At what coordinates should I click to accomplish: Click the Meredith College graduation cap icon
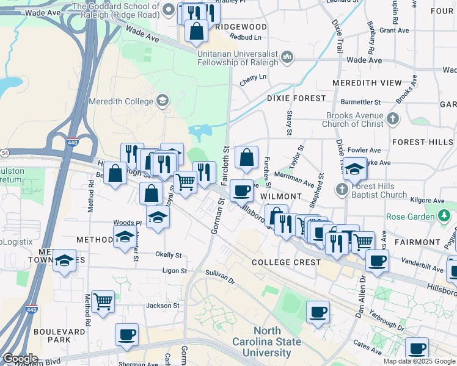click(162, 101)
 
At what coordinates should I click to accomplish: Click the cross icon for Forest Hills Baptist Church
click(342, 189)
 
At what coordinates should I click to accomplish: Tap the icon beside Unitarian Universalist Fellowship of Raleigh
click(287, 58)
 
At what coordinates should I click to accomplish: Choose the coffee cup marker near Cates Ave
click(417, 348)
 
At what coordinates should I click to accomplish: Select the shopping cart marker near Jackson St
click(103, 301)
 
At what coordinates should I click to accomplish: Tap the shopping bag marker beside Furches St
click(246, 157)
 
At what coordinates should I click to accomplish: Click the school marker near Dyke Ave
click(354, 168)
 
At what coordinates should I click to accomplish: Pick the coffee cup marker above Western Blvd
click(126, 334)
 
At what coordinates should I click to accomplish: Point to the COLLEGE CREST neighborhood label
click(286, 262)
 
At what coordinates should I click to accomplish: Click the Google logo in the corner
click(20, 359)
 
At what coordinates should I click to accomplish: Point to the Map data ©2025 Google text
click(419, 361)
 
